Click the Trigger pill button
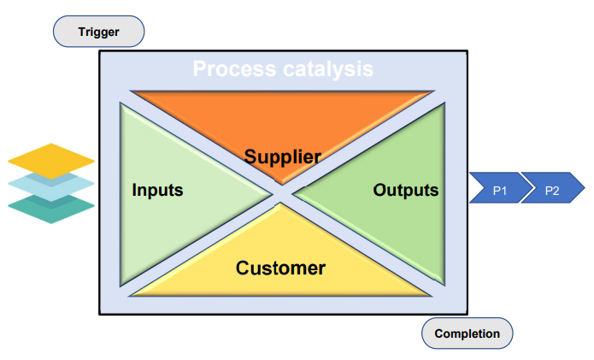coord(98,32)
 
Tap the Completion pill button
coord(468,333)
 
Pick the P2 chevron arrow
coord(553,188)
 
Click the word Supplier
coord(283,156)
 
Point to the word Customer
coord(280,268)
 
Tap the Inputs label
coord(157,190)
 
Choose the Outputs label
coord(406,190)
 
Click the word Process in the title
coord(234,69)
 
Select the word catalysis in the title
coord(328,69)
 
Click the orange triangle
coord(282,121)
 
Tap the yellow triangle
coord(280,265)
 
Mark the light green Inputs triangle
coord(170,194)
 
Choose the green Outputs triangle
coord(394,194)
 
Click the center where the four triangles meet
coord(282,194)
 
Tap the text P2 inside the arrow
coord(552,191)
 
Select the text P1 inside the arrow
coord(500,191)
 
